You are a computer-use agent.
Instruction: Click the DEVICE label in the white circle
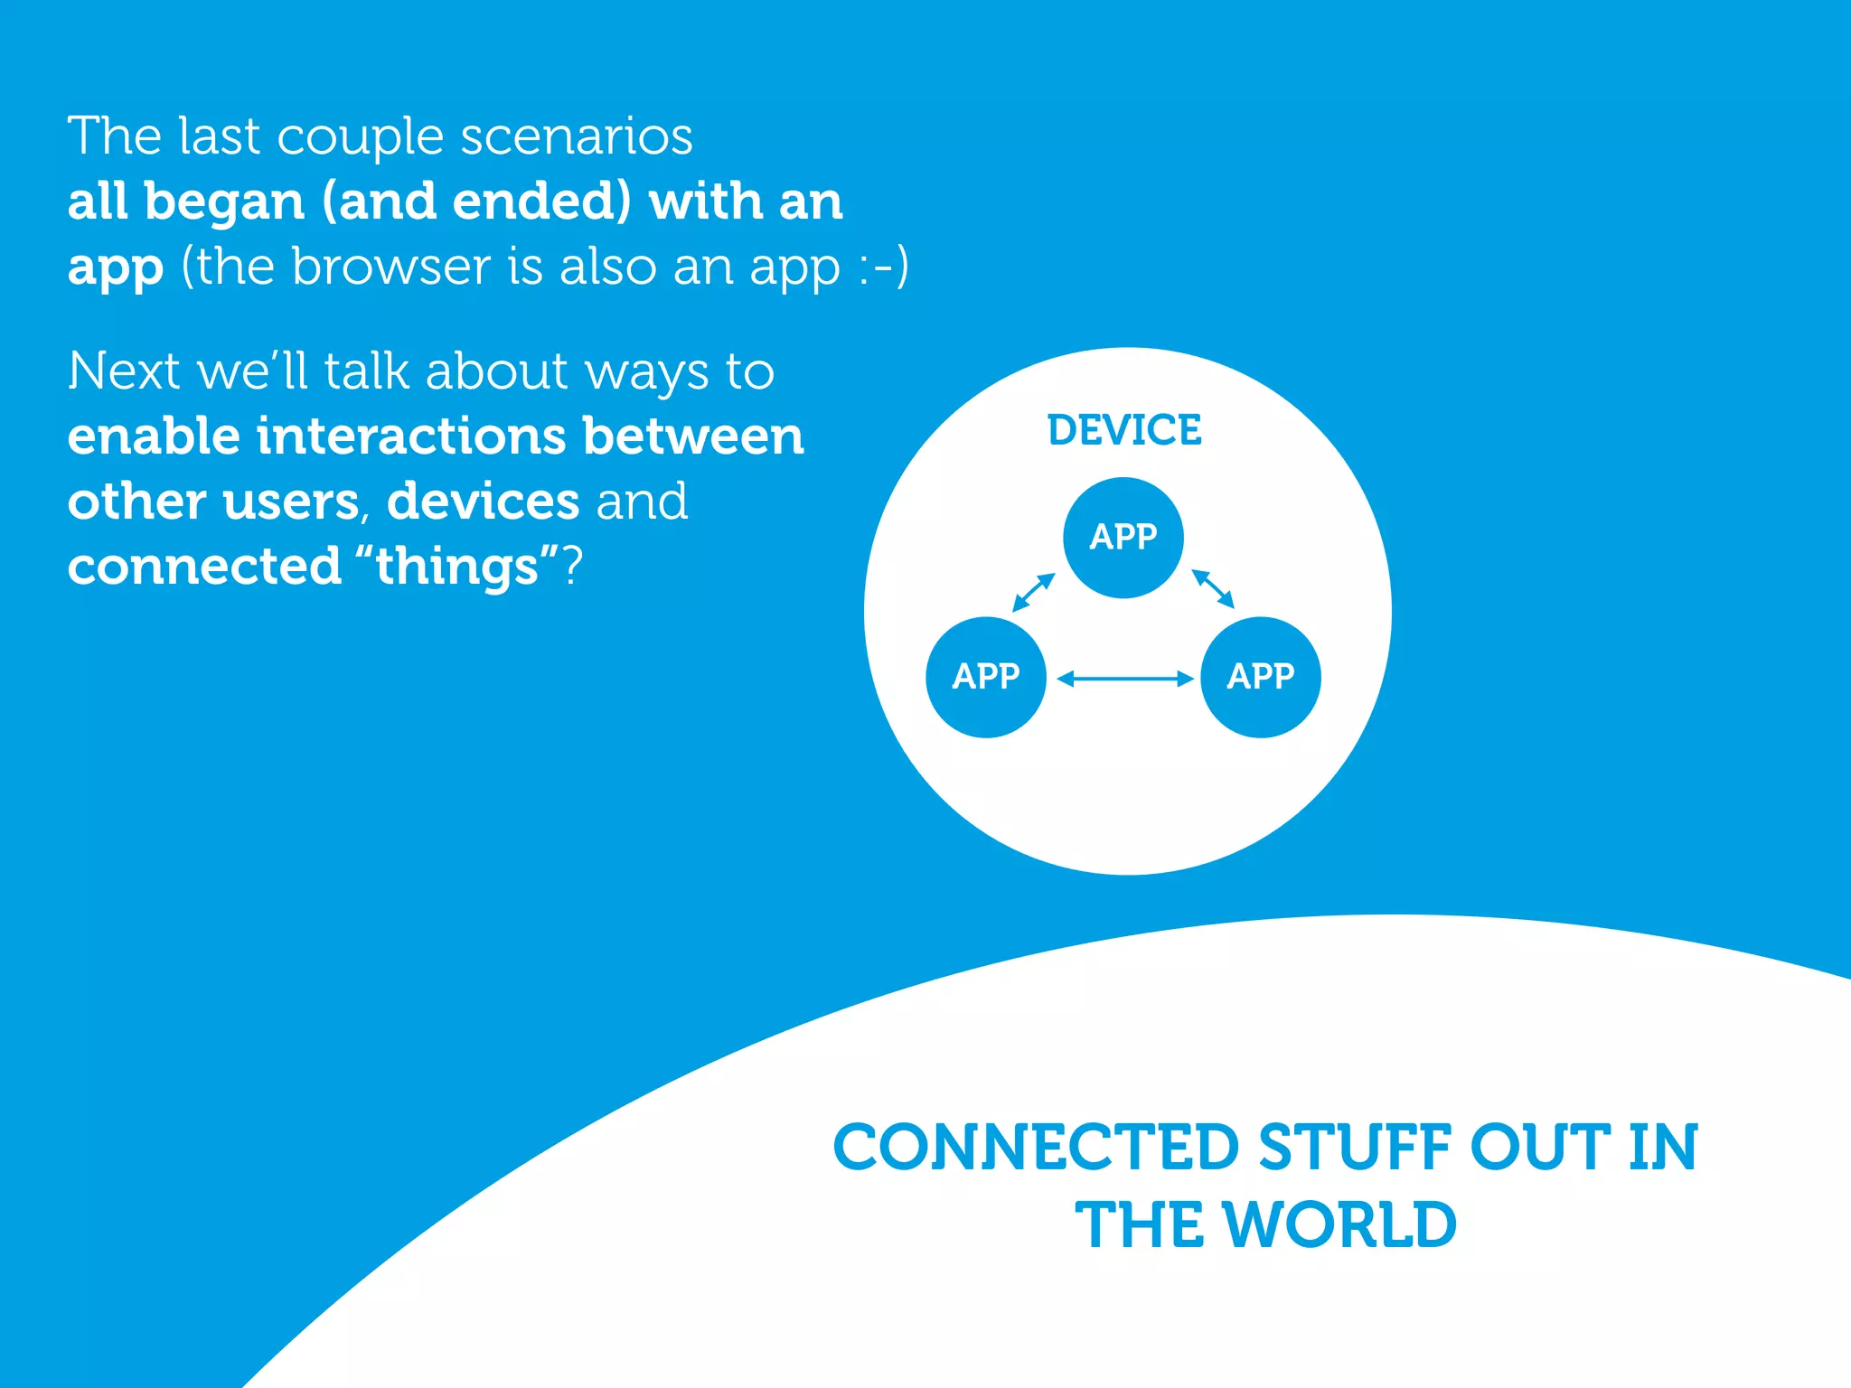(x=1124, y=430)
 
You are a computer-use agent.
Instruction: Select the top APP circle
(x=1123, y=538)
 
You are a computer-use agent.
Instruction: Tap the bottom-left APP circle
(x=986, y=677)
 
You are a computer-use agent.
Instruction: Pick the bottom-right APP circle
(x=1260, y=677)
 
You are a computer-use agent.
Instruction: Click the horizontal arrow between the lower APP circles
(x=1124, y=679)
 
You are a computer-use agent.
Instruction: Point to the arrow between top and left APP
(x=1034, y=593)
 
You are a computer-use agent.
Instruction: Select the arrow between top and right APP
(x=1213, y=588)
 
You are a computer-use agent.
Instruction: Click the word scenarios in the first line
(x=577, y=137)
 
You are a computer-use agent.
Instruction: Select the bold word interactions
(x=411, y=436)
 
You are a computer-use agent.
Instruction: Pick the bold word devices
(x=483, y=502)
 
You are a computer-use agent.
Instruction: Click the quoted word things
(x=456, y=568)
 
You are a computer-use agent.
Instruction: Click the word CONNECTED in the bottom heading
(x=1036, y=1148)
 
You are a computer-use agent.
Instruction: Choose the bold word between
(x=693, y=436)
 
